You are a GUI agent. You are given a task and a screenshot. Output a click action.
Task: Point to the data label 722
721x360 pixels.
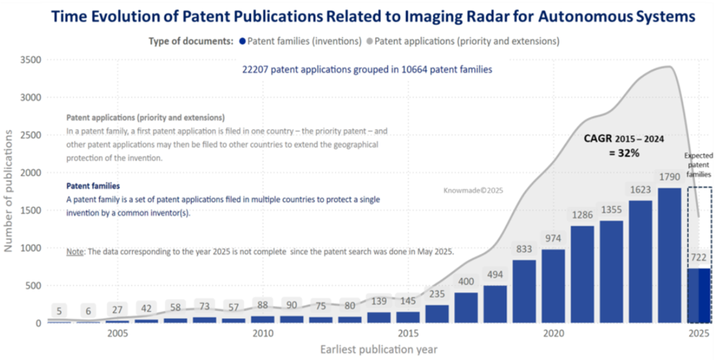point(699,257)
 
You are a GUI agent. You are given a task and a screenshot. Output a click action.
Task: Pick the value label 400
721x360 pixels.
point(466,281)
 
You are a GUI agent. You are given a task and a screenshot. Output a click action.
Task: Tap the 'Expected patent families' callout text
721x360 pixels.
point(697,165)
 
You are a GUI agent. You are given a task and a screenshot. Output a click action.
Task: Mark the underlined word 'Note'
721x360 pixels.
point(75,251)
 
